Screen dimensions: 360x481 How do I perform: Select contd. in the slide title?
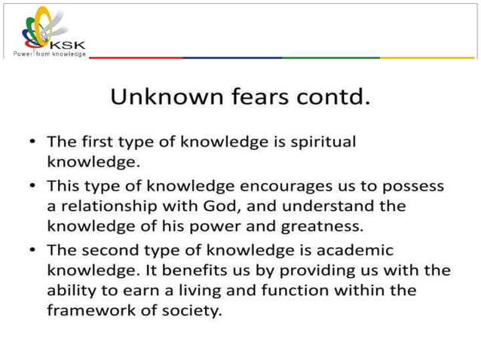(x=331, y=97)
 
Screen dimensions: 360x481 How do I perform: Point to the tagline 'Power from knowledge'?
(x=49, y=54)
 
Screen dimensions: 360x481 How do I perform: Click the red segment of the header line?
(x=136, y=57)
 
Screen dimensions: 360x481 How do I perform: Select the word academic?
(x=354, y=249)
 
